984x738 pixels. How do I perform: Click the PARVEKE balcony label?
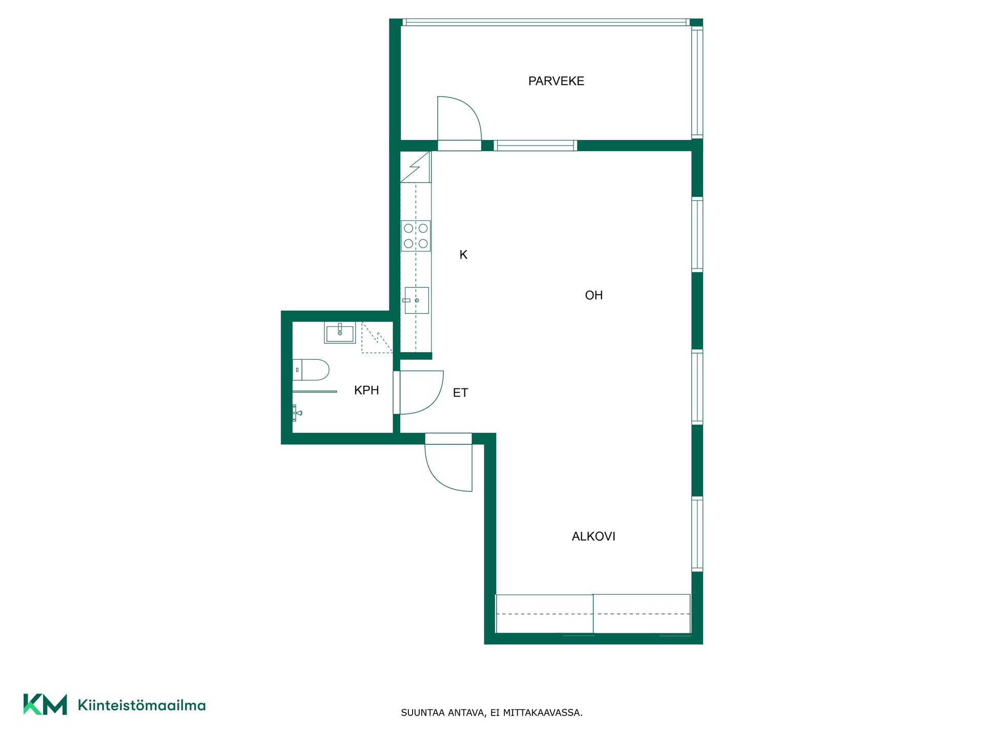(556, 81)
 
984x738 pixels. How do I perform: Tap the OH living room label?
(593, 295)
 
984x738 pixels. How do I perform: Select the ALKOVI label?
(593, 536)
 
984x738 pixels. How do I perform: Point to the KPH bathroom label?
(366, 390)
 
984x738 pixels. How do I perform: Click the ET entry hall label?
(460, 393)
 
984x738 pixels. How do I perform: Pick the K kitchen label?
(463, 255)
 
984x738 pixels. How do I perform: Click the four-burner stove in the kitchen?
(416, 236)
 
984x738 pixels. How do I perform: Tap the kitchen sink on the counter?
(416, 300)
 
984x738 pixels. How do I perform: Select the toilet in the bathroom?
(311, 370)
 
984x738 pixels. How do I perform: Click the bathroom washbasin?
(340, 333)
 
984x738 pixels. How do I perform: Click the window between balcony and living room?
(535, 146)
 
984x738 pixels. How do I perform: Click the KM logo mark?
(45, 705)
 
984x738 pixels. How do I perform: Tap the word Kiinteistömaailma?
(141, 705)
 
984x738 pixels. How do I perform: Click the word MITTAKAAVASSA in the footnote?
(543, 712)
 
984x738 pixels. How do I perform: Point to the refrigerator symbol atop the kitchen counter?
(415, 167)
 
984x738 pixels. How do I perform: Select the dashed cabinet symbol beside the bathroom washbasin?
(377, 337)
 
